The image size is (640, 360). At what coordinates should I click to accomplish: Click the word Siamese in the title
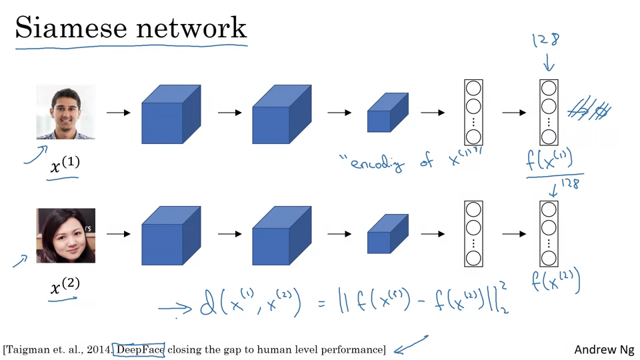66,28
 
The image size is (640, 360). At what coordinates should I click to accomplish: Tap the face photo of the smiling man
65,112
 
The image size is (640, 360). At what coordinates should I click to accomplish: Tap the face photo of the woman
65,235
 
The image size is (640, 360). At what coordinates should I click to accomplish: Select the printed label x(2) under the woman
65,287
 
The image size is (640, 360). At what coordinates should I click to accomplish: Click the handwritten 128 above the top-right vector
545,41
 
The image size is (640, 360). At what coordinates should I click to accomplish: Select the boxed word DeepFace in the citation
140,349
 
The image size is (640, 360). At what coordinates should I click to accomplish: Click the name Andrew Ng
604,350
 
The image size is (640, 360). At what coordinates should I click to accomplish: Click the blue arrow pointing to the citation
411,345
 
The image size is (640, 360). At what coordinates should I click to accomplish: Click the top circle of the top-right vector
549,89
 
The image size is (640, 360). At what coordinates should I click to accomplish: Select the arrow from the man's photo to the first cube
119,113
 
